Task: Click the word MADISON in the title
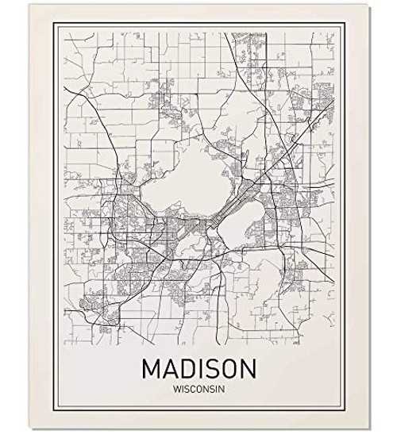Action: click(x=198, y=370)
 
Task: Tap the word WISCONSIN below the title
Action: click(x=198, y=390)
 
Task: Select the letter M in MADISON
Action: click(x=150, y=370)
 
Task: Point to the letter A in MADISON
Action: click(x=168, y=370)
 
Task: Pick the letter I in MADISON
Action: click(x=198, y=370)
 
